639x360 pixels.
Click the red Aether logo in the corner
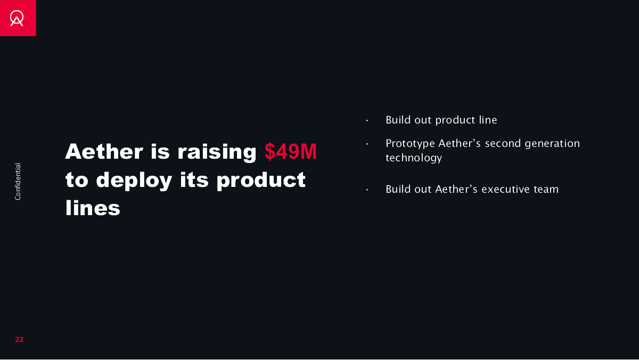point(18,18)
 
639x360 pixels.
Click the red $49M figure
point(290,151)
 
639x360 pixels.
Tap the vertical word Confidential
point(18,182)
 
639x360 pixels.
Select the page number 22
point(19,339)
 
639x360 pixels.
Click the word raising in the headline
point(217,153)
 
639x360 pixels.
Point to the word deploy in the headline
point(134,181)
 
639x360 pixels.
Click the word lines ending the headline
point(93,208)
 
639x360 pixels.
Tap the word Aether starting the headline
point(104,151)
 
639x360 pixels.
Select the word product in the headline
point(261,181)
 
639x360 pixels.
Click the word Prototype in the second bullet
point(410,144)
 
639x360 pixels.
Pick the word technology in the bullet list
point(414,158)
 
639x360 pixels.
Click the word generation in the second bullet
point(552,144)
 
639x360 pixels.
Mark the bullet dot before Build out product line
point(367,121)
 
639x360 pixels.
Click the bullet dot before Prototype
point(367,144)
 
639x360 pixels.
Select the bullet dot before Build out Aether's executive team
point(367,190)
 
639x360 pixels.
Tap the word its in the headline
point(194,181)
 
